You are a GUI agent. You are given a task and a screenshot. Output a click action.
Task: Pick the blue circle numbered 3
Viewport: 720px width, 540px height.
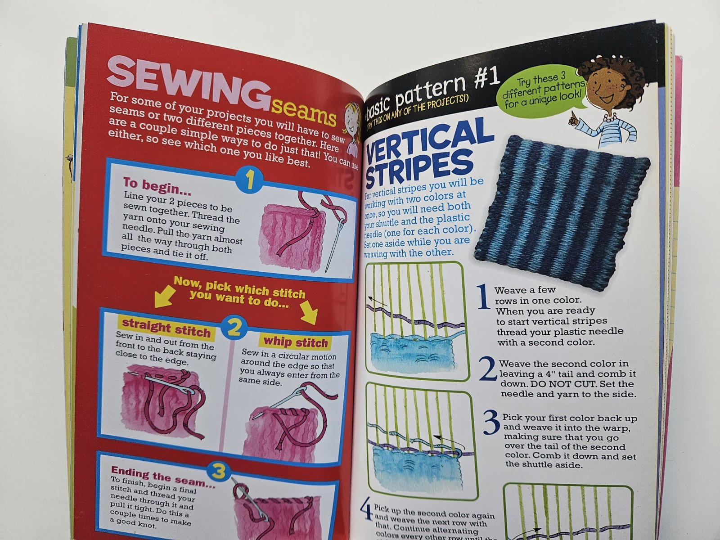click(x=219, y=472)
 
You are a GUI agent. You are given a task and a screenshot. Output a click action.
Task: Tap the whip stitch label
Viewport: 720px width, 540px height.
click(x=296, y=342)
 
